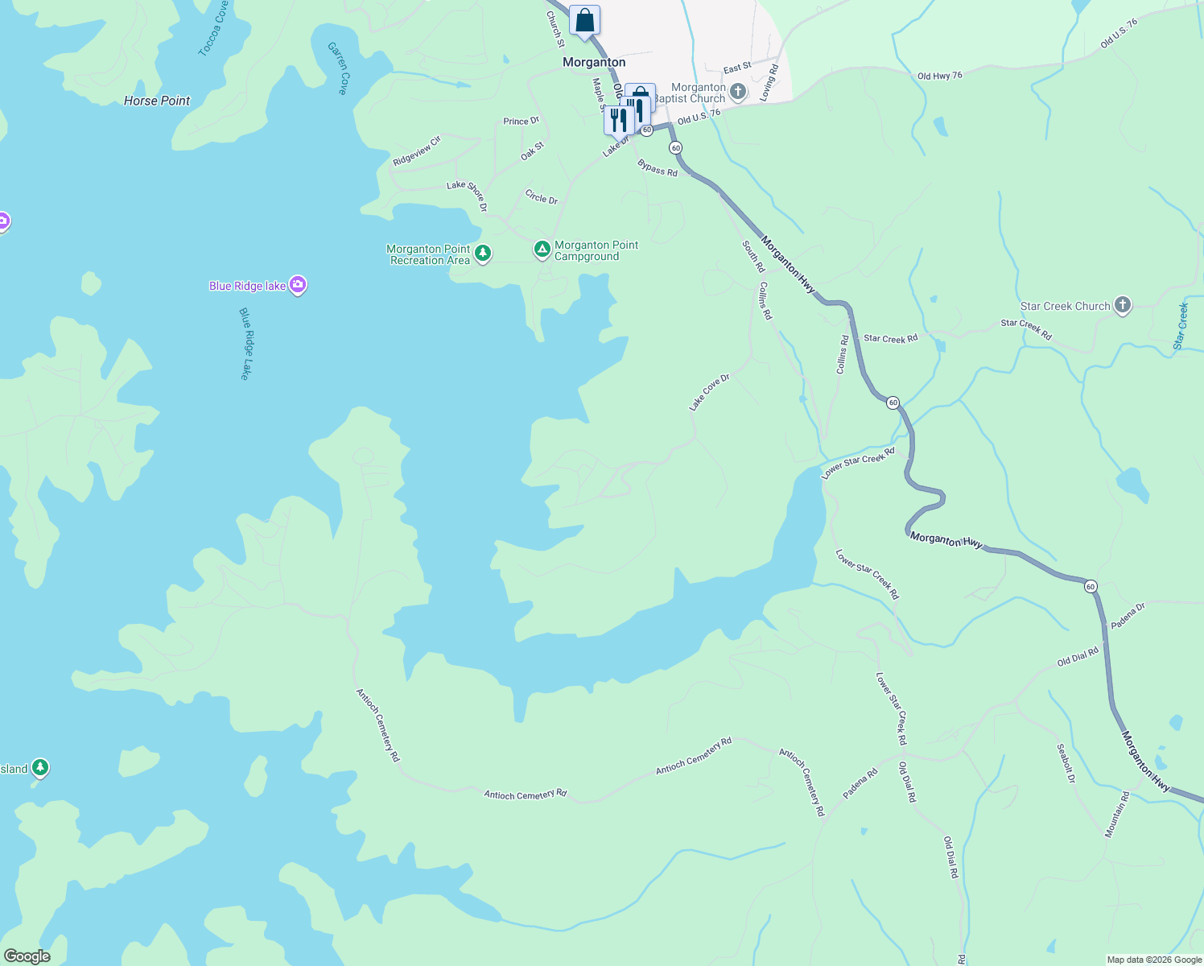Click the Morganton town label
pyautogui.click(x=594, y=62)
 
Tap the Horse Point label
pyautogui.click(x=157, y=101)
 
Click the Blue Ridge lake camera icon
pyautogui.click(x=298, y=285)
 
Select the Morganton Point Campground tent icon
pyautogui.click(x=542, y=250)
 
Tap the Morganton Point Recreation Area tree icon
pyautogui.click(x=483, y=254)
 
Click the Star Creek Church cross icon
pyautogui.click(x=1123, y=306)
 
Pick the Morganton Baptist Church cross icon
pyautogui.click(x=738, y=92)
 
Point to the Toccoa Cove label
pyautogui.click(x=212, y=29)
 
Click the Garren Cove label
pyautogui.click(x=338, y=68)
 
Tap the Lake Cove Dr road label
pyautogui.click(x=709, y=392)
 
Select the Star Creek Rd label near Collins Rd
pyautogui.click(x=890, y=339)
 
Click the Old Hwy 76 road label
pyautogui.click(x=940, y=76)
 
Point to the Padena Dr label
pyautogui.click(x=1128, y=616)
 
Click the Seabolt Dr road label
pyautogui.click(x=1066, y=763)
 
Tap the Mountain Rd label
pyautogui.click(x=1116, y=815)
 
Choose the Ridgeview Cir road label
pyautogui.click(x=417, y=151)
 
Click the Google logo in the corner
pyautogui.click(x=27, y=956)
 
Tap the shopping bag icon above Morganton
pyautogui.click(x=584, y=20)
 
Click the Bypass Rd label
pyautogui.click(x=658, y=168)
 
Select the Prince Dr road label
pyautogui.click(x=521, y=122)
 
